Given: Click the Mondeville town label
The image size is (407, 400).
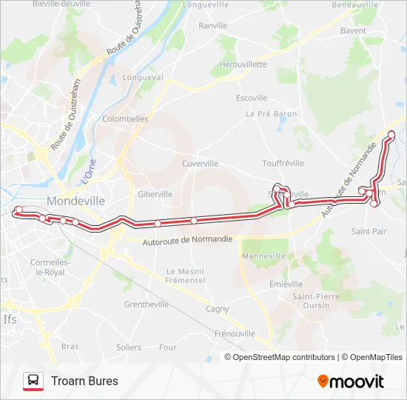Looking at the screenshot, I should (76, 201).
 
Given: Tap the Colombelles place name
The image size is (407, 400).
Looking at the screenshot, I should (125, 119).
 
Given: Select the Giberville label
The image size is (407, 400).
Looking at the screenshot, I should (155, 194).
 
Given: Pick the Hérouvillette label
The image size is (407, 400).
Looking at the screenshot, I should (243, 64).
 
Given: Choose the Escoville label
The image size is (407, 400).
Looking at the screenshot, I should (252, 98).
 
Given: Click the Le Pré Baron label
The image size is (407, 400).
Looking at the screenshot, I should (271, 114).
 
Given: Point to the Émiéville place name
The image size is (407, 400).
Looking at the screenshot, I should (286, 284).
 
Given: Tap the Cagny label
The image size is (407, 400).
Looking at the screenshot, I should (217, 309).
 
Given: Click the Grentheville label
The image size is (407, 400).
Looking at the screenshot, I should (147, 304).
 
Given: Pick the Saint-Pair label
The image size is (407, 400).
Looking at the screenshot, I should (369, 231).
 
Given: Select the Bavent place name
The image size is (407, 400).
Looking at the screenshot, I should (353, 32).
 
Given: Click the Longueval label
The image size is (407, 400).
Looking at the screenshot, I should (143, 77).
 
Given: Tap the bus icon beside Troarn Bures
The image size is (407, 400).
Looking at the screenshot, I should (33, 381).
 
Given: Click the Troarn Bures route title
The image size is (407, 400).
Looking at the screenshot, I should (84, 381).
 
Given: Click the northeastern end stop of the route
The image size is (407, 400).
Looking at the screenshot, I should (391, 134).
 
